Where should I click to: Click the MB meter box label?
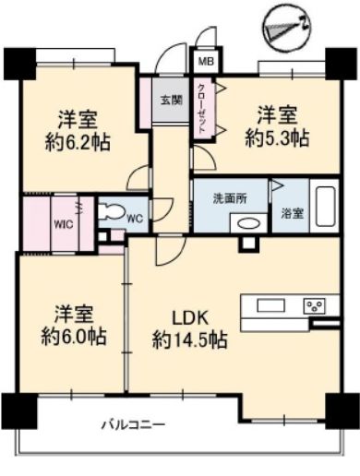[206, 62]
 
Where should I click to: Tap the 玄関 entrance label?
[171, 100]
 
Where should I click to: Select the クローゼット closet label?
[201, 108]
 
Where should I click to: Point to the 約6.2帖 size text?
[78, 142]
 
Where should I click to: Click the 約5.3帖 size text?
[277, 137]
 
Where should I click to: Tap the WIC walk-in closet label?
[64, 224]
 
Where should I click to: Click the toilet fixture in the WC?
[113, 211]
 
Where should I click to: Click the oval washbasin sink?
[249, 224]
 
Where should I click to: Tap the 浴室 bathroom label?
[293, 213]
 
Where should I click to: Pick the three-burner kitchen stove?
[315, 306]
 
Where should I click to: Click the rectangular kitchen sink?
[271, 306]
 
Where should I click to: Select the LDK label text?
[190, 318]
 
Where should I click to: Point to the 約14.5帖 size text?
[190, 339]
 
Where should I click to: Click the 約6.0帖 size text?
[74, 336]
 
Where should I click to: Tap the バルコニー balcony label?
[133, 425]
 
